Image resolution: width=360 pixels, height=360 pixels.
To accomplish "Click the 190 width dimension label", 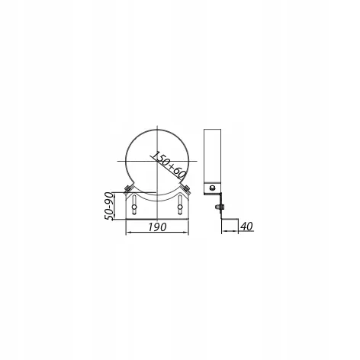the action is pyautogui.click(x=158, y=227).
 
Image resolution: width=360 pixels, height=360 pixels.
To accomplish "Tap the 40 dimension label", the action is pyautogui.click(x=246, y=226).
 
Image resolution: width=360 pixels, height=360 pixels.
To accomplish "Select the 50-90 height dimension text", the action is pyautogui.click(x=109, y=206).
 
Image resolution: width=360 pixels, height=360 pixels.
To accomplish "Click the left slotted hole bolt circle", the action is pyautogui.click(x=134, y=207).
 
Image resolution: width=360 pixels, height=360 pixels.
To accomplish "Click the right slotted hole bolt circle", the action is pyautogui.click(x=180, y=207).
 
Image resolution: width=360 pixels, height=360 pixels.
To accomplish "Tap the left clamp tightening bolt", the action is pyautogui.click(x=127, y=189).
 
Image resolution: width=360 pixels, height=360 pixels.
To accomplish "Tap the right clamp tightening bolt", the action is pyautogui.click(x=187, y=189).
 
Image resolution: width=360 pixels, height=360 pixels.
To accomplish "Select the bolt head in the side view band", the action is pyautogui.click(x=212, y=188).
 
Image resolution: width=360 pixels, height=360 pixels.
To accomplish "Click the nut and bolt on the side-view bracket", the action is pyautogui.click(x=219, y=207).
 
